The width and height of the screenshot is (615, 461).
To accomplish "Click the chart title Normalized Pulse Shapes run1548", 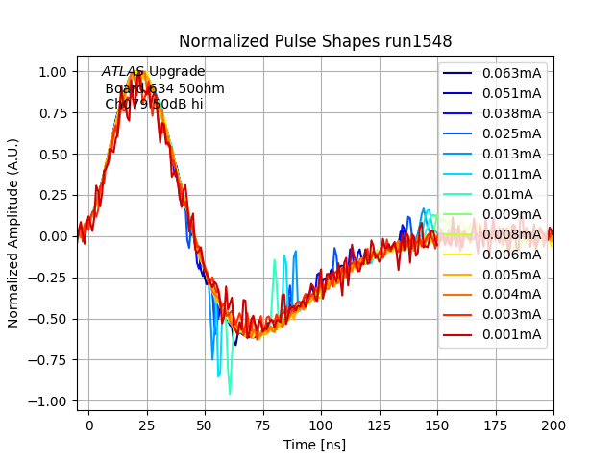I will [315, 41].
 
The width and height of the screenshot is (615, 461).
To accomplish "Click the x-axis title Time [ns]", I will [315, 445].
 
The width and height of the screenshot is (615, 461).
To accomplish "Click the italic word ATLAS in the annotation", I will [123, 72].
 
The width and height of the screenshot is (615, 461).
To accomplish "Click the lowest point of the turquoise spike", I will [230, 394].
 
